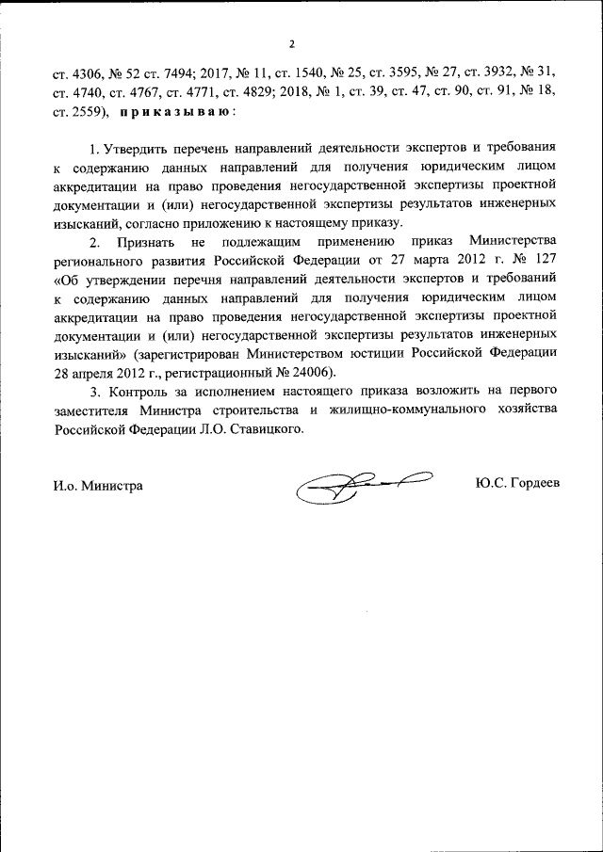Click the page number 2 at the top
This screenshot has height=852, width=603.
coord(292,44)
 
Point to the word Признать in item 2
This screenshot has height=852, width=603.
coord(143,242)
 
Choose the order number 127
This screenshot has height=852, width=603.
coord(540,261)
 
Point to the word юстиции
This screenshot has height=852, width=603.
coord(423,353)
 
